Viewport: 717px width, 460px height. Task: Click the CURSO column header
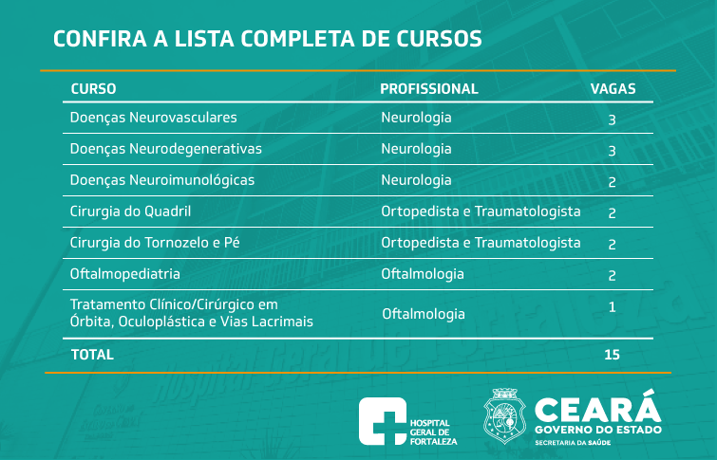(x=93, y=88)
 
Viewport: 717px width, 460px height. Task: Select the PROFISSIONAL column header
(x=429, y=88)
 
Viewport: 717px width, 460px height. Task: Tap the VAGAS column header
(x=613, y=88)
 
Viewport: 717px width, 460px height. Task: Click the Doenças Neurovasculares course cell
(x=153, y=118)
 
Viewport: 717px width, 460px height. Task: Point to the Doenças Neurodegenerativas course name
(x=165, y=149)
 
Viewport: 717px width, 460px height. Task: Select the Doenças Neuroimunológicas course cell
(x=161, y=180)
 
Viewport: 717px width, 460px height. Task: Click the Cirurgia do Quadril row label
(x=130, y=212)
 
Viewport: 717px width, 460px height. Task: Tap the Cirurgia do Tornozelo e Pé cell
(x=155, y=243)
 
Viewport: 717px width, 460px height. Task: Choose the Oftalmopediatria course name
(x=124, y=274)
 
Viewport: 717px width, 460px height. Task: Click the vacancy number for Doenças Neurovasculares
(x=612, y=120)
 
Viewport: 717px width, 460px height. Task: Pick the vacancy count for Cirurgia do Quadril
(x=612, y=213)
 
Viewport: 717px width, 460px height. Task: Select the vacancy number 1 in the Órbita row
(x=612, y=307)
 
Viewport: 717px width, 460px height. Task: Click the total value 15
(x=612, y=355)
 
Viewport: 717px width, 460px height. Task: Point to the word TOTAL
(x=92, y=355)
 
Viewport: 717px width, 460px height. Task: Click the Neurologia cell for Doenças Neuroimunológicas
(x=416, y=180)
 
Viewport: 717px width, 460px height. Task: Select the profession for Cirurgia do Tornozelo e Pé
(x=481, y=243)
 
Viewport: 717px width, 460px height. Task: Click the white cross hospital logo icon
(x=383, y=421)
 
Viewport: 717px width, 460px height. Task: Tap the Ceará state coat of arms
(x=505, y=416)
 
